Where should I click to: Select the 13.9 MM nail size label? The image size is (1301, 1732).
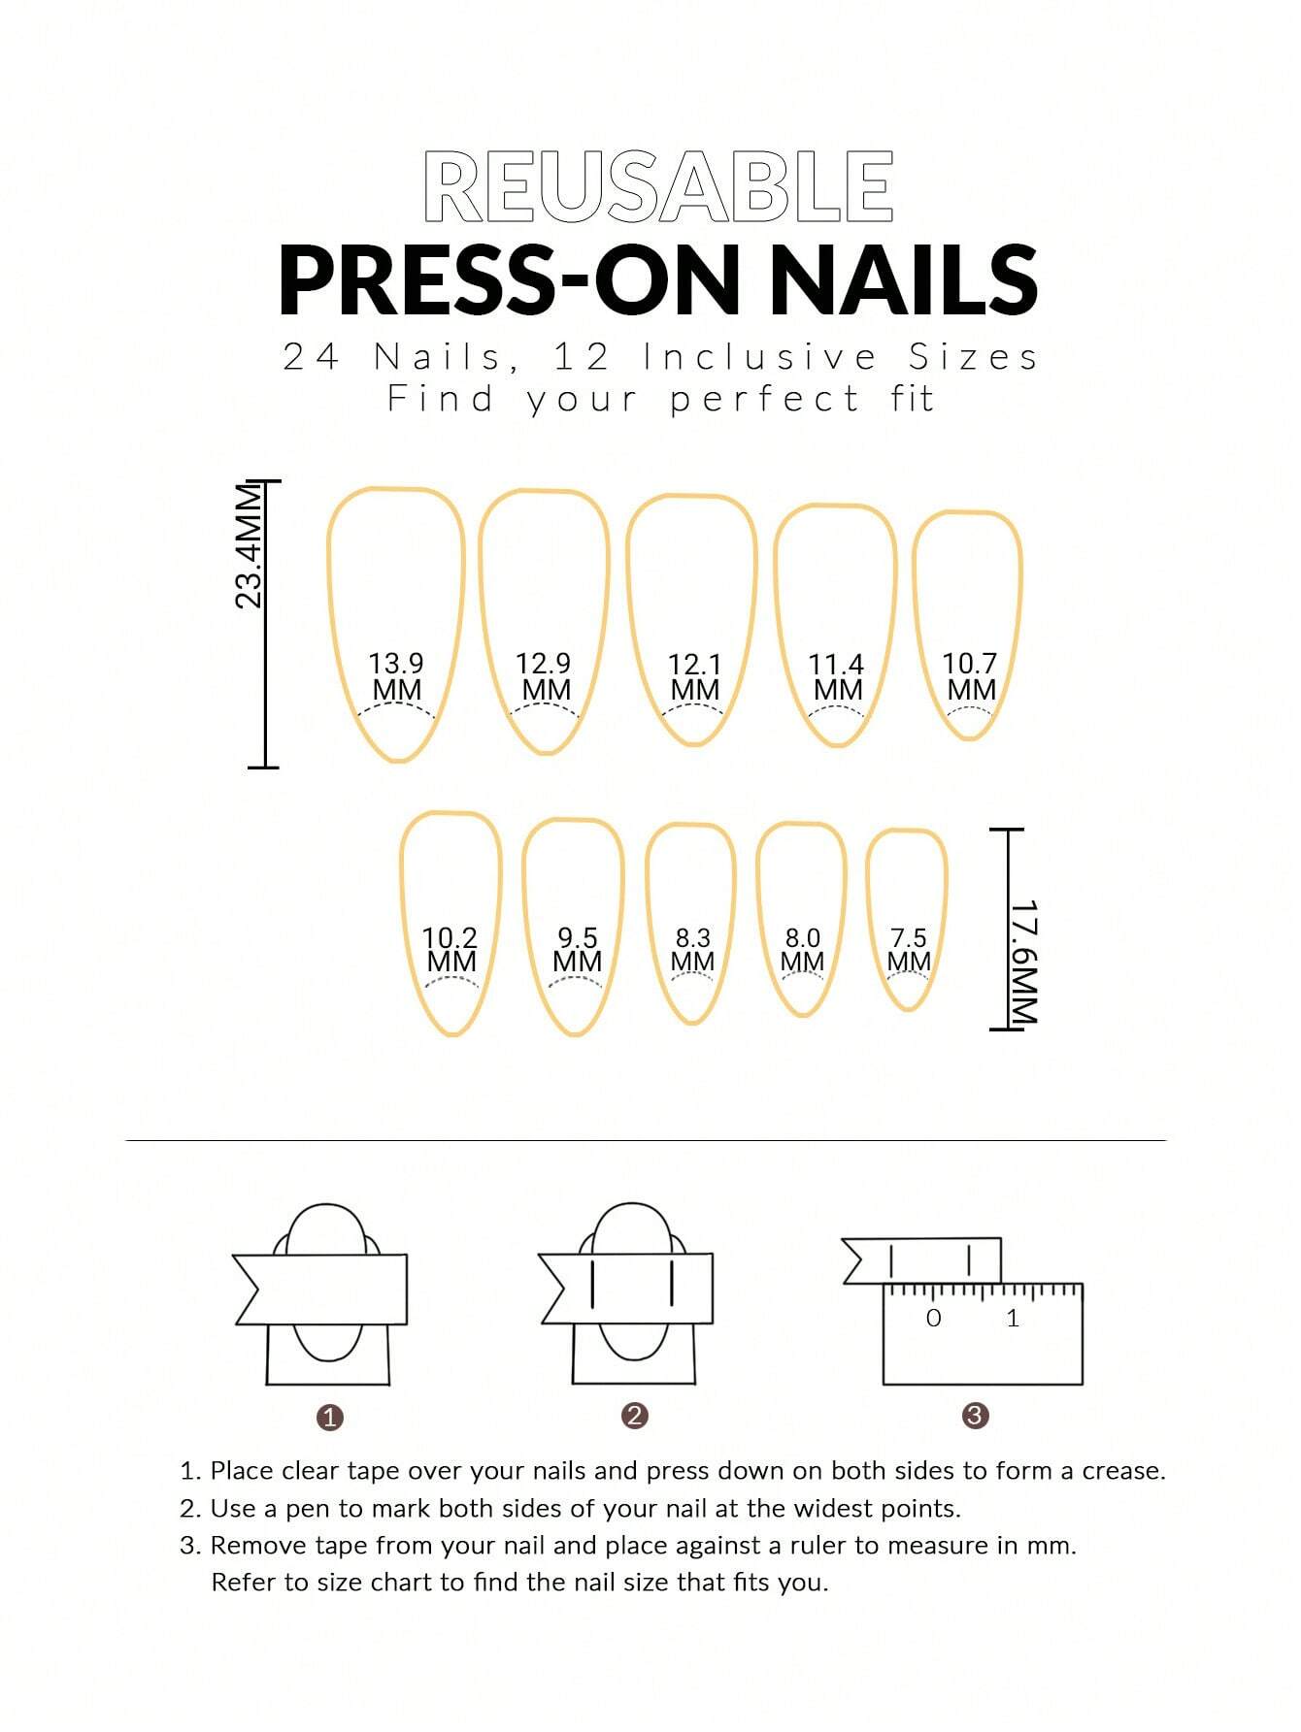pyautogui.click(x=396, y=676)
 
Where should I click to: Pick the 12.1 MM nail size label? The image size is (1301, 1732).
pyautogui.click(x=694, y=677)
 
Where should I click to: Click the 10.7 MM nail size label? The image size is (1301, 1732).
pyautogui.click(x=970, y=676)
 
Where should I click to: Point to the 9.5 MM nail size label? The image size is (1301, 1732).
pyautogui.click(x=577, y=950)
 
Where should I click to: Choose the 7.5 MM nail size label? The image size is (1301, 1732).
pyautogui.click(x=909, y=950)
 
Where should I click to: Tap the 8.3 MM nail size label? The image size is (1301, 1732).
pyautogui.click(x=693, y=950)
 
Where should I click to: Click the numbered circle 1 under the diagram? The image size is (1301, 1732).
pyautogui.click(x=330, y=1418)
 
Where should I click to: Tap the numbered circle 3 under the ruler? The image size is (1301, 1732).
pyautogui.click(x=975, y=1416)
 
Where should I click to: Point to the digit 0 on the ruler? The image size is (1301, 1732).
pyautogui.click(x=933, y=1318)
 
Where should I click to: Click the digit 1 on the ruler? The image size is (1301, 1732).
pyautogui.click(x=1013, y=1318)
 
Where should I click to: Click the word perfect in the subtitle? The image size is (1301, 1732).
pyautogui.click(x=765, y=399)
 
